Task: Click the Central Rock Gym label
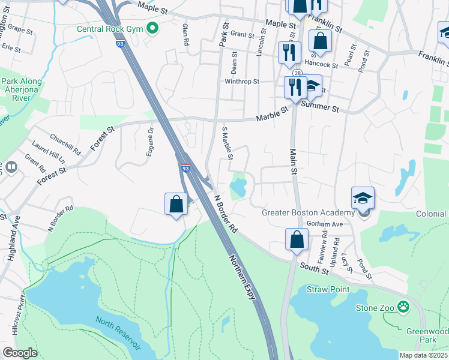[111, 28]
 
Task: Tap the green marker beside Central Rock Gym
[152, 28]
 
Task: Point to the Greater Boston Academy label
[308, 212]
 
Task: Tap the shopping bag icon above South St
[297, 239]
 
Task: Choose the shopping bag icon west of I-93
[176, 204]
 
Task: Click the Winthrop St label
[241, 82]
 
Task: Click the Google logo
[20, 353]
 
